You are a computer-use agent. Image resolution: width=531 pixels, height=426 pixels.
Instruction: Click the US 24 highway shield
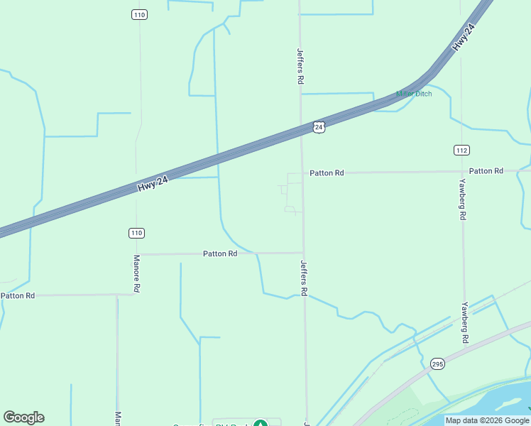[x=319, y=126]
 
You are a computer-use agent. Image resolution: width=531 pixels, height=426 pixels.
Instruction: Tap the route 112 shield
[x=462, y=149]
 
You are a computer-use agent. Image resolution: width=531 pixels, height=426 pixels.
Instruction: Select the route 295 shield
[x=437, y=364]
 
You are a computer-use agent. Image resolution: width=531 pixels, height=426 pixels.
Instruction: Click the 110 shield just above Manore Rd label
[x=136, y=233]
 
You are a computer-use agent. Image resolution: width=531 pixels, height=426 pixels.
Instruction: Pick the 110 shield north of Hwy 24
[x=139, y=15]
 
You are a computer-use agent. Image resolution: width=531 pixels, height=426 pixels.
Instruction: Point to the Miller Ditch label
[x=414, y=94]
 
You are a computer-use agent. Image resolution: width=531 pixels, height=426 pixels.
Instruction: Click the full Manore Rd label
[x=137, y=274]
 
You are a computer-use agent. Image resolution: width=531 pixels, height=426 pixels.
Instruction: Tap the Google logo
[x=23, y=417]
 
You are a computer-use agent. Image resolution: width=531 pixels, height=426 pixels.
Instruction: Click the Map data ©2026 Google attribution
[x=487, y=420]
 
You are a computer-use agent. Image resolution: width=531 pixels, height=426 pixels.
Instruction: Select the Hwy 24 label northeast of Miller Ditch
[x=462, y=38]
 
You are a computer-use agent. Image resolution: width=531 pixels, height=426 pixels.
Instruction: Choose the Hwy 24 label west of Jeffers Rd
[x=153, y=185]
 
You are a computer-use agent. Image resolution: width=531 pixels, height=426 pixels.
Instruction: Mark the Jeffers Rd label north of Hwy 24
[x=300, y=66]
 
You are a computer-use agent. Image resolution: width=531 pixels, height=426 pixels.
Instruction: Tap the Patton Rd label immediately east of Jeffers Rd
[x=327, y=173]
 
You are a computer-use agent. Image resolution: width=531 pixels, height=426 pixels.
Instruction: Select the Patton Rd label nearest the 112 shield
[x=486, y=171]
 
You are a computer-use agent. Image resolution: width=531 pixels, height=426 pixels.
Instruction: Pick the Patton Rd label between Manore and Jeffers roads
[x=220, y=253]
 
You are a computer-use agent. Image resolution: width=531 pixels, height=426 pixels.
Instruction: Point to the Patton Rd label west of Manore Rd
[x=18, y=295]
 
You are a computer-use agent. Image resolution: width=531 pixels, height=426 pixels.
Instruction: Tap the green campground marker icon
[x=261, y=424]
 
